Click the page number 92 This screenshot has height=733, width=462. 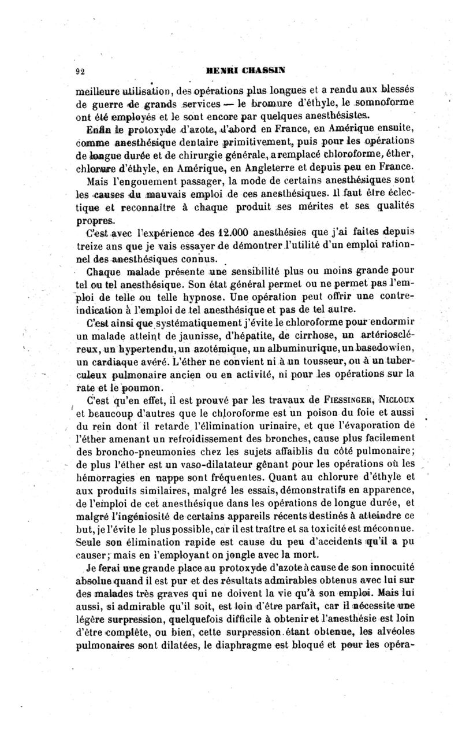[x=81, y=71]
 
